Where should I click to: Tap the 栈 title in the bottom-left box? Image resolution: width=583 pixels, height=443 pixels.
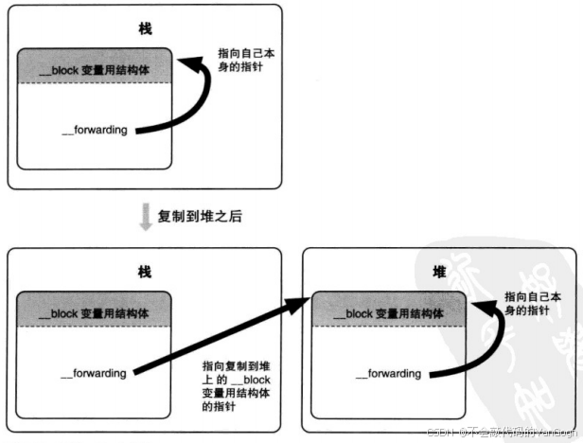tap(145, 272)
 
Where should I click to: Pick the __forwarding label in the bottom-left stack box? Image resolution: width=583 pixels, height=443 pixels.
tap(93, 373)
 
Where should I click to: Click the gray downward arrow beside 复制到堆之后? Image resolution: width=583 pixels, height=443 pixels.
tap(146, 217)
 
